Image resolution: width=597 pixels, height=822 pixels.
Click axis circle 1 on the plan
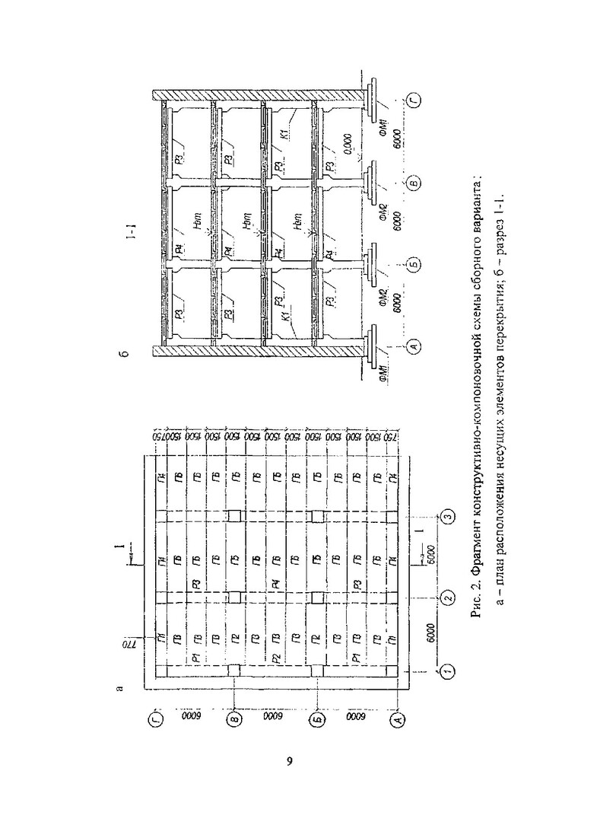click(x=448, y=671)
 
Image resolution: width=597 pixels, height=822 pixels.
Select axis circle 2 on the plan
click(x=448, y=594)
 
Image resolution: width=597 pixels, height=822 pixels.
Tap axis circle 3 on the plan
click(x=448, y=518)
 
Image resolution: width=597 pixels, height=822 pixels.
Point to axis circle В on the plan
click(x=235, y=717)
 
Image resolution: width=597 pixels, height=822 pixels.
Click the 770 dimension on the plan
click(x=127, y=644)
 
